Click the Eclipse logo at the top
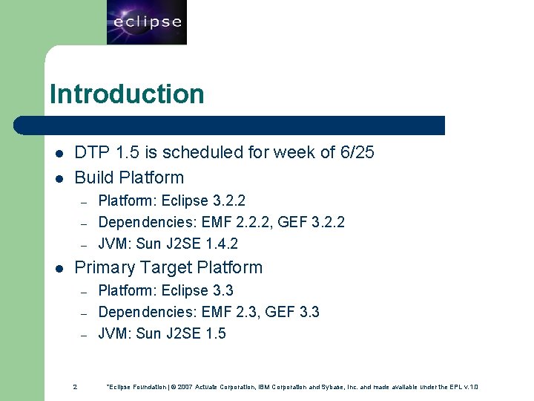click(146, 22)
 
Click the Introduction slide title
click(126, 94)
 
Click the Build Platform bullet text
click(129, 177)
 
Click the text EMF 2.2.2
click(226, 222)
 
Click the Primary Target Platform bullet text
click(168, 267)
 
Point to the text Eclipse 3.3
click(197, 290)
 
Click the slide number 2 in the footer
click(75, 387)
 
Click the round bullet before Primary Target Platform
click(59, 268)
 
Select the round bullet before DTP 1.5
click(59, 154)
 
